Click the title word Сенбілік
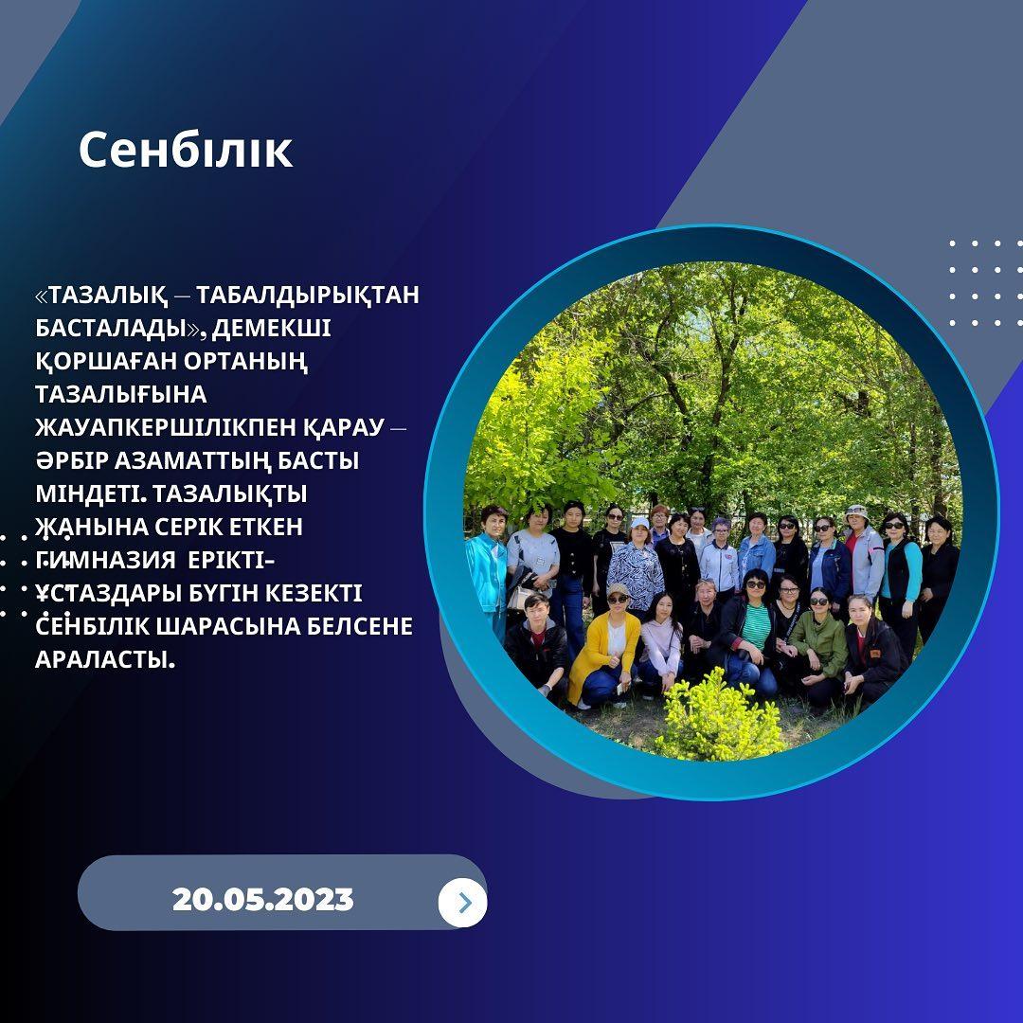[x=186, y=151]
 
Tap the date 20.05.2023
[x=263, y=899]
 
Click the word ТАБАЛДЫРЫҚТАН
[x=307, y=295]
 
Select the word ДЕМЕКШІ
[x=272, y=328]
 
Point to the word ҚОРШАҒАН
[x=106, y=361]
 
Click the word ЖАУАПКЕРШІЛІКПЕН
[x=165, y=427]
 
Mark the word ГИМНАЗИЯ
[x=106, y=560]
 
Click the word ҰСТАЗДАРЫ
[x=108, y=593]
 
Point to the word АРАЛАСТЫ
[x=105, y=659]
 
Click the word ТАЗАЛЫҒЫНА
[x=120, y=394]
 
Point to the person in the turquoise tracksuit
[x=486, y=567]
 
